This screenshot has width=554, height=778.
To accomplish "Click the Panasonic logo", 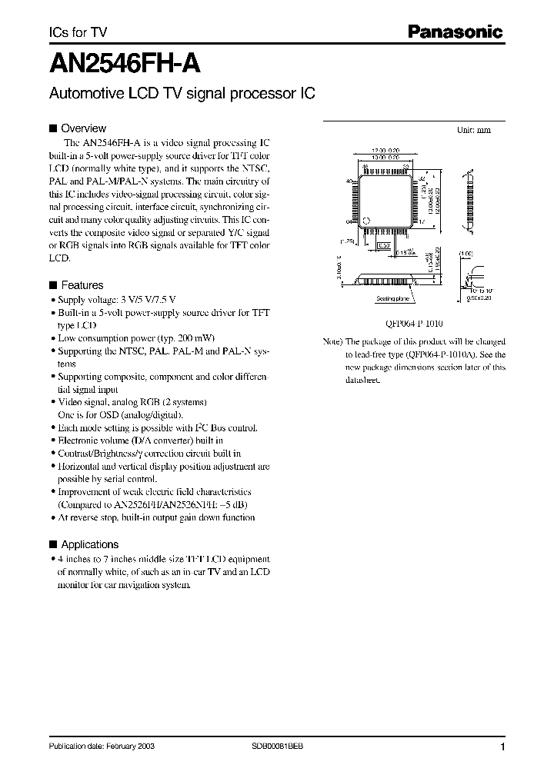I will [455, 32].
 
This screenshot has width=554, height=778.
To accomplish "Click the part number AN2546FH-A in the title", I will [125, 61].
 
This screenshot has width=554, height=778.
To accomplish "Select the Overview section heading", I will [83, 128].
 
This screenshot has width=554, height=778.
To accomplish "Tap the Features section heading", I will [82, 285].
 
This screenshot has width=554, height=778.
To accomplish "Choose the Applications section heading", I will [89, 544].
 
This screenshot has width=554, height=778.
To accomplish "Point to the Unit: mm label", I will [474, 130].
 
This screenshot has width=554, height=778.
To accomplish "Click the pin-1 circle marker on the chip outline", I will [366, 221].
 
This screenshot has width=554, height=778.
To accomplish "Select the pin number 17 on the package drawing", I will [421, 221].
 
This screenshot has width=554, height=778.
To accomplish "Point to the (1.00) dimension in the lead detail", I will [466, 254].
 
